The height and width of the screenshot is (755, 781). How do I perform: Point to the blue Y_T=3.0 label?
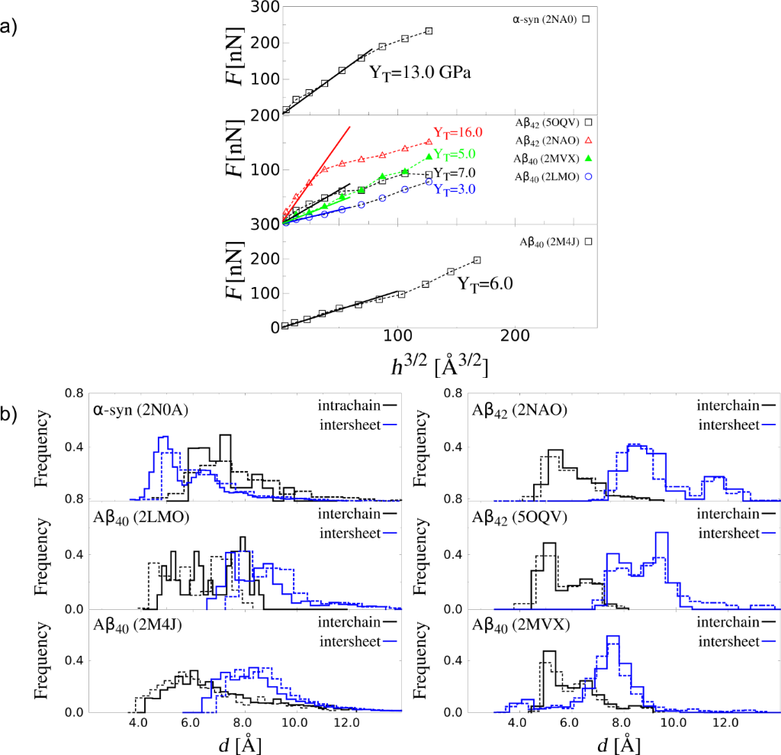(x=455, y=189)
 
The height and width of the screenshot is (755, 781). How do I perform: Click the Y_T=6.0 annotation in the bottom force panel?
(x=484, y=283)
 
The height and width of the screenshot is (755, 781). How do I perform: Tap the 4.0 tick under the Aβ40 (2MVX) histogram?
(x=518, y=722)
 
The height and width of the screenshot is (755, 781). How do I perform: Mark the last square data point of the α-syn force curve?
(x=429, y=31)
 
